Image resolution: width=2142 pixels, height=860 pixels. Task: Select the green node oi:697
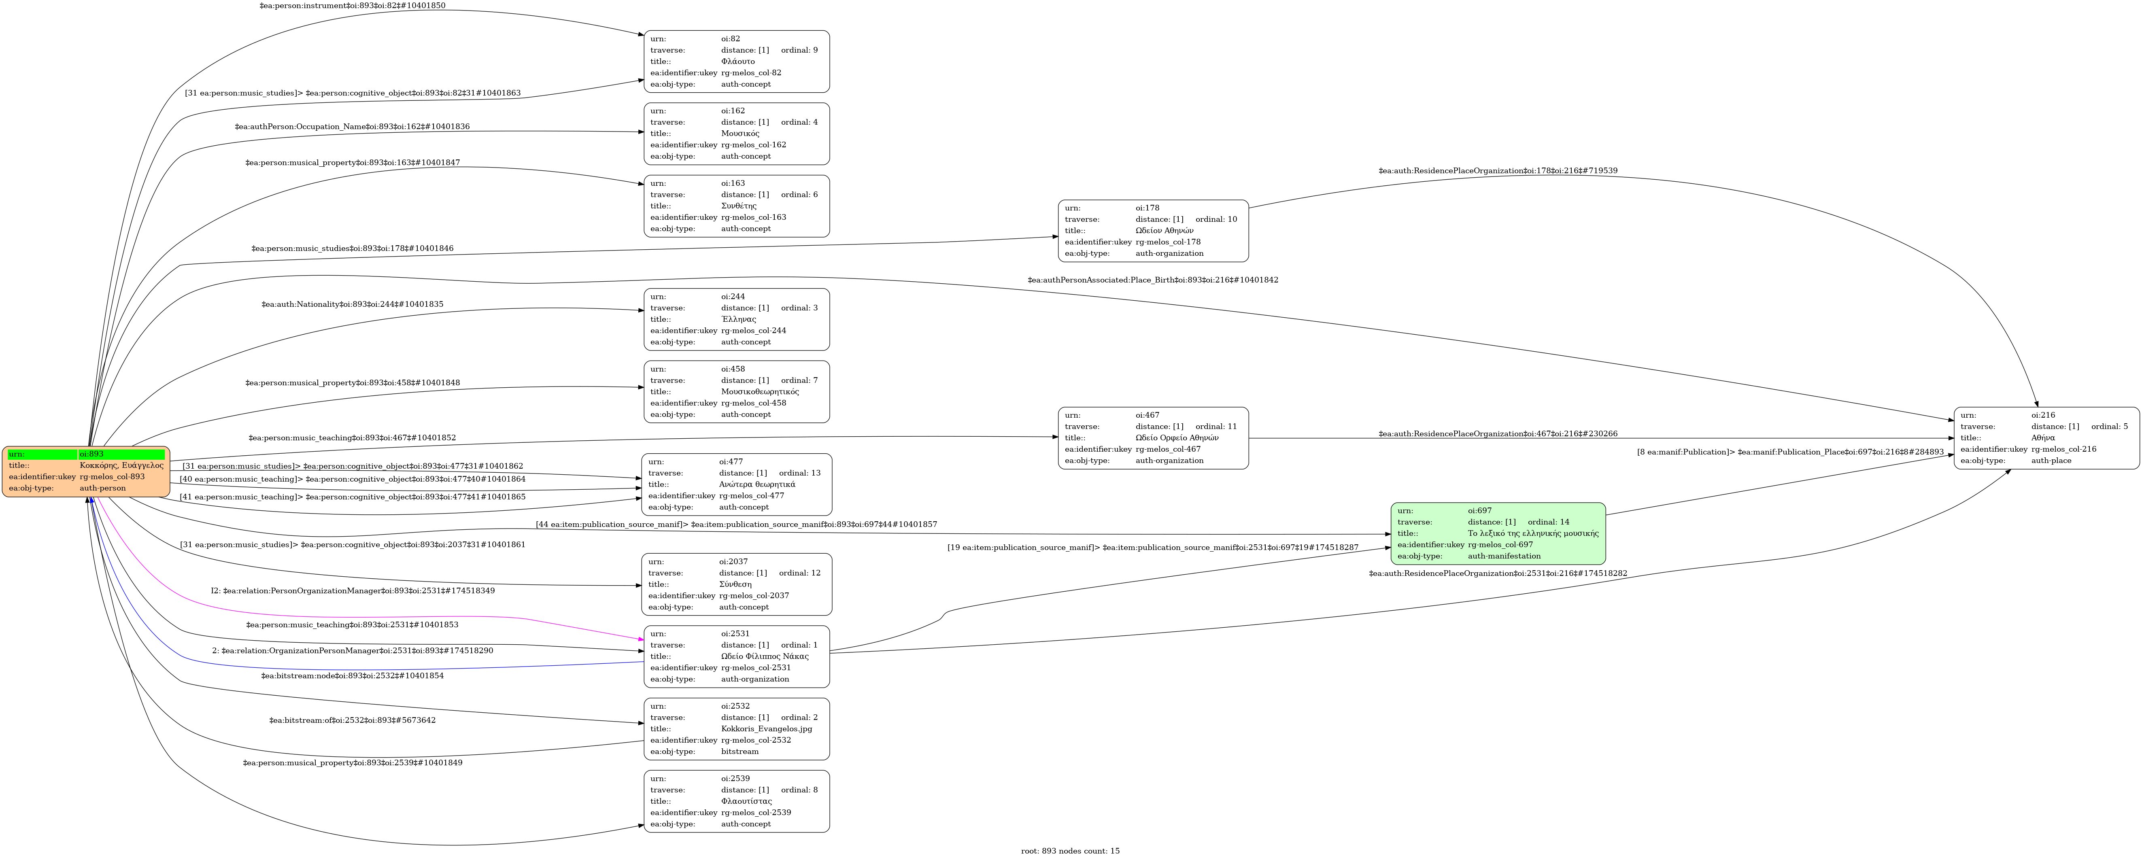(x=1498, y=533)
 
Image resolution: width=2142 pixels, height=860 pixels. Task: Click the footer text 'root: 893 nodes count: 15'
(x=1070, y=851)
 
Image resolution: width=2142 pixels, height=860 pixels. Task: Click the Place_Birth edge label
(x=1152, y=280)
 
